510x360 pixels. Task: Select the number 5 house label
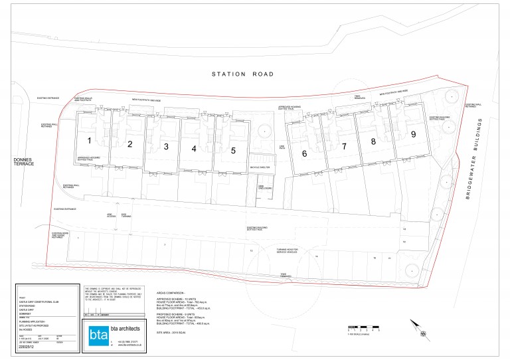[x=233, y=149]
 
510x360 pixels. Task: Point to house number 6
[x=304, y=153]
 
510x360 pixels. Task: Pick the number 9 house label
[x=413, y=134]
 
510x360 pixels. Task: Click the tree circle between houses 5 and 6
[x=264, y=130]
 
